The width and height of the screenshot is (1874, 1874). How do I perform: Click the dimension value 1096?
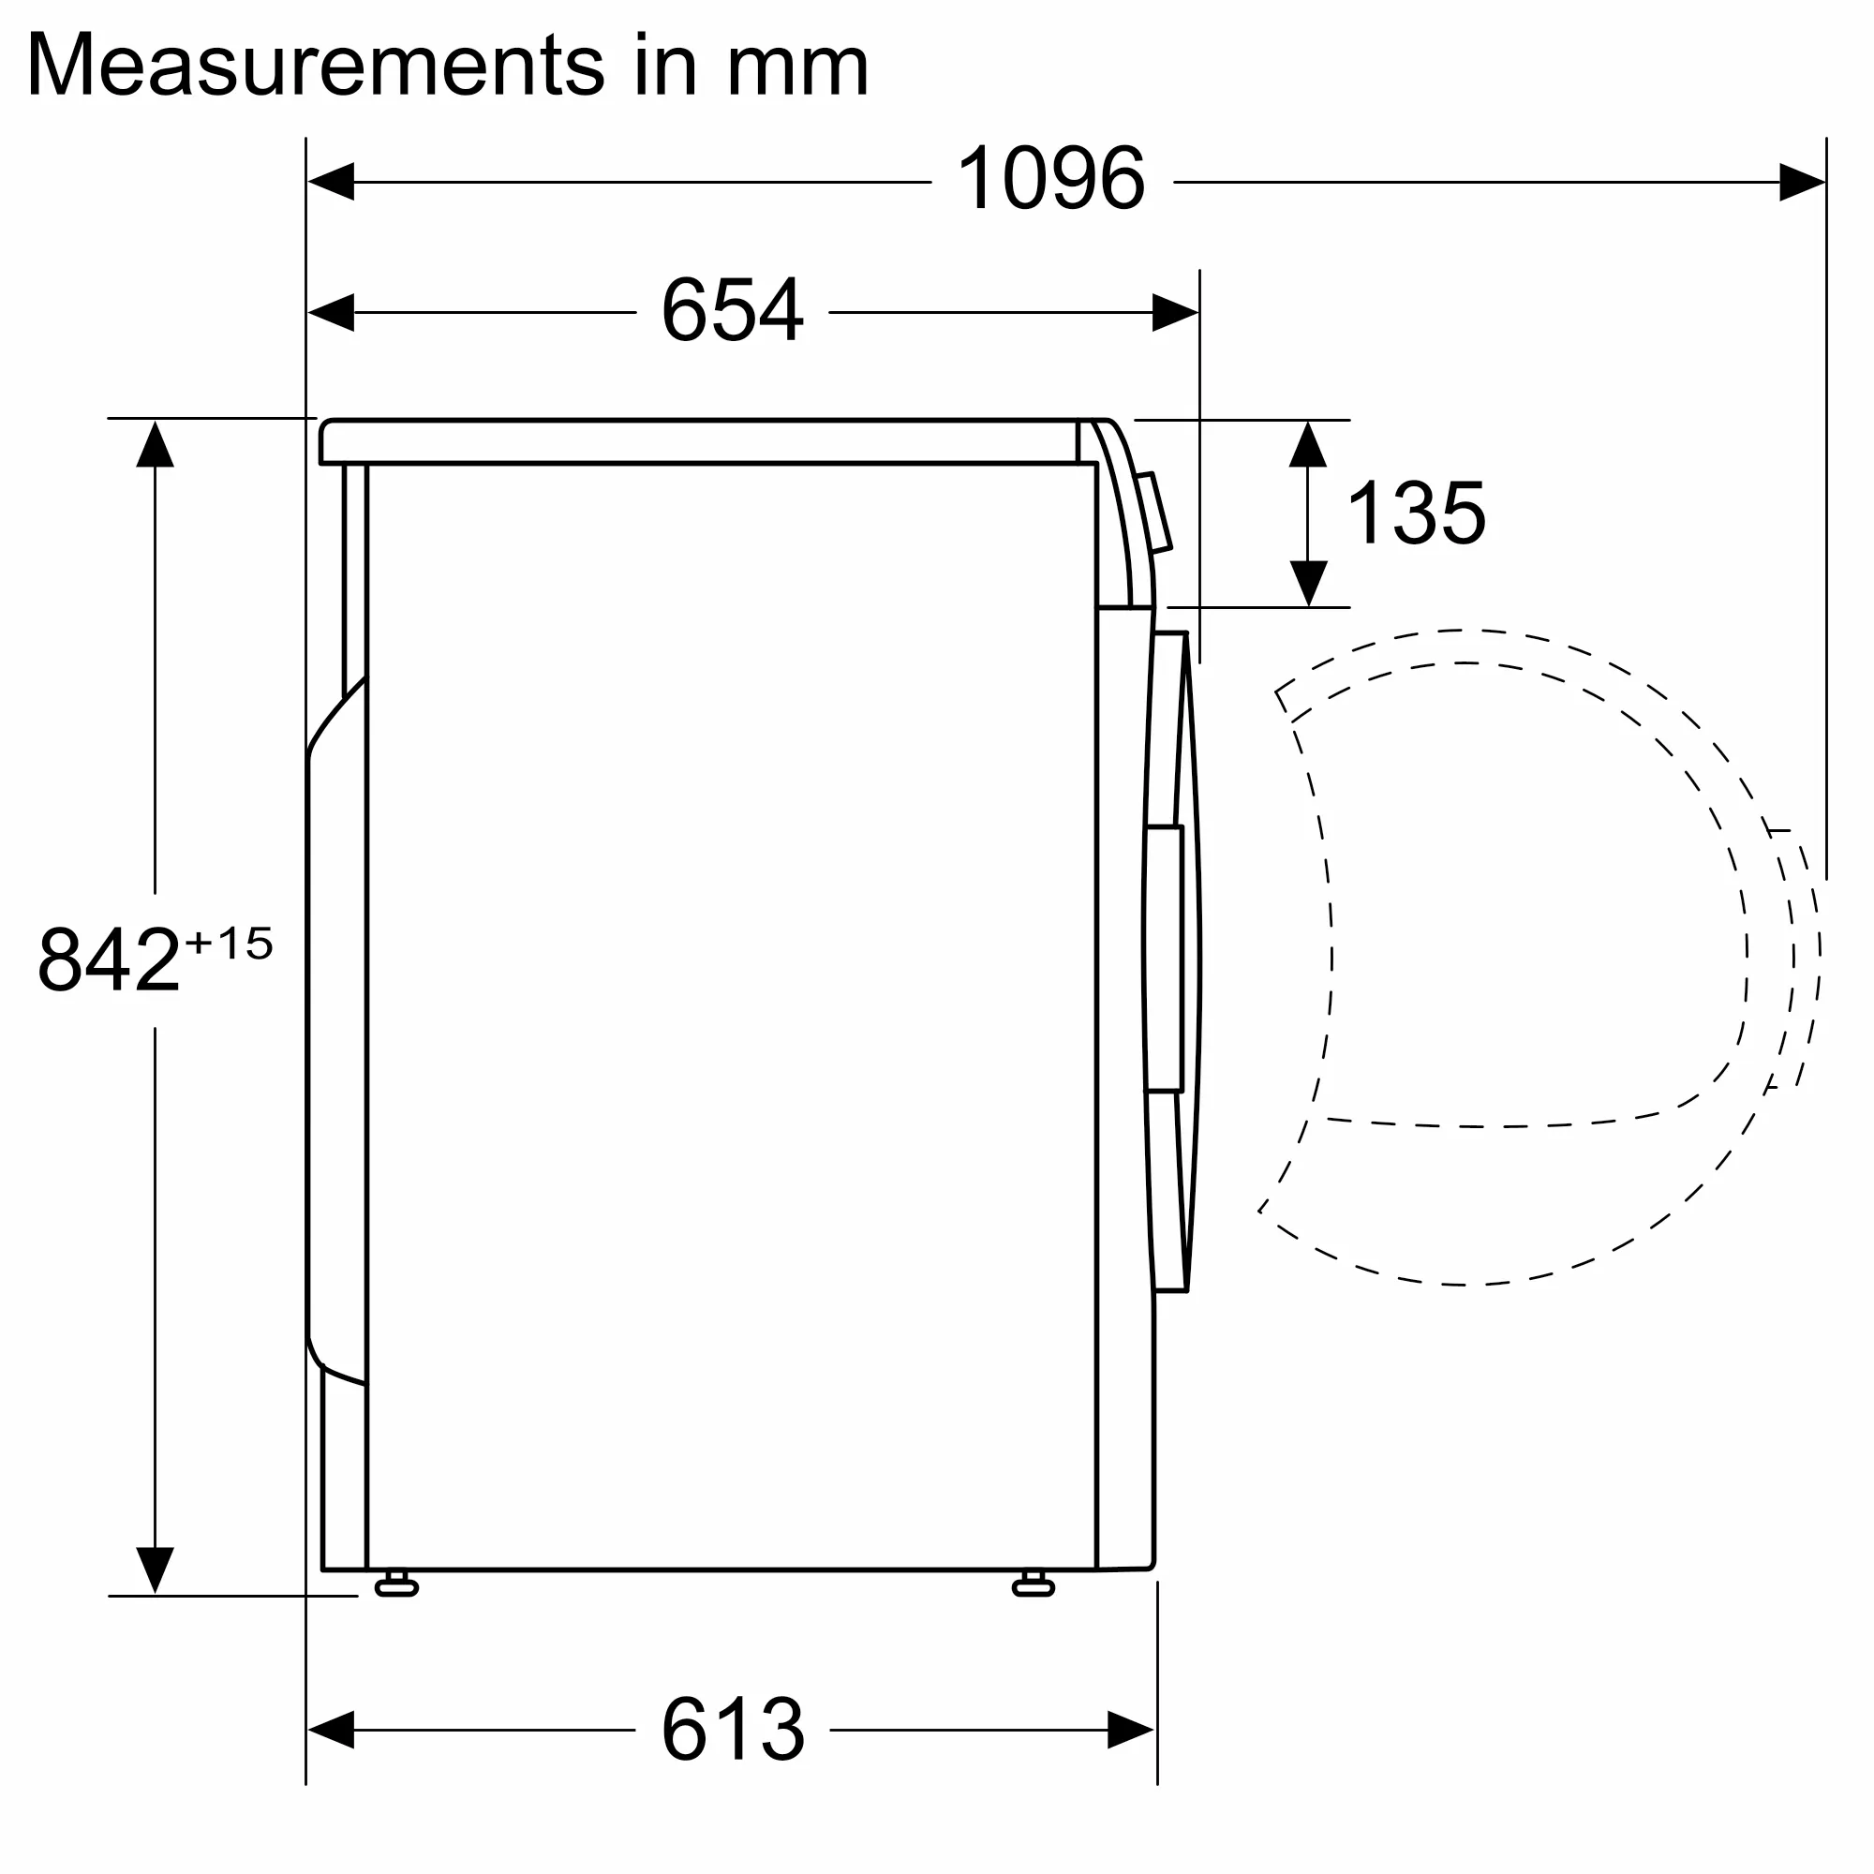click(x=1050, y=180)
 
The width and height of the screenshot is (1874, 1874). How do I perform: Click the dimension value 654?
click(x=733, y=310)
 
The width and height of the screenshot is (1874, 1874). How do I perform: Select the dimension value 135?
click(x=1416, y=513)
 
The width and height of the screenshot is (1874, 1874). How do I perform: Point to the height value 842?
click(x=109, y=960)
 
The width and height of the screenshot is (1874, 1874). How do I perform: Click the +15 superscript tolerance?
click(x=229, y=943)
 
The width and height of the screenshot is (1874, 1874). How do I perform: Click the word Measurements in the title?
click(x=315, y=66)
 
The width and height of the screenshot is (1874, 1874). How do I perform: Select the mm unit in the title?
click(x=797, y=66)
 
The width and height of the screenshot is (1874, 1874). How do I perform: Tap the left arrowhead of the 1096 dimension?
click(x=331, y=182)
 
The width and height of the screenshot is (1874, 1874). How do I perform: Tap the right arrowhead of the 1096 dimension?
click(x=1801, y=182)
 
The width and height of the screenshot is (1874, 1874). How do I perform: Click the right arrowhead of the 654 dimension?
click(x=1175, y=312)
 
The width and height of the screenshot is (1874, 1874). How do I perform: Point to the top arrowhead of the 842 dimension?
click(x=156, y=444)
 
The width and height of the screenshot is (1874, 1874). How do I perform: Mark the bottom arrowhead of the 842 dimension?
click(x=156, y=1569)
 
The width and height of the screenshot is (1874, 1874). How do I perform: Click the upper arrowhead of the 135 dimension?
click(x=1307, y=445)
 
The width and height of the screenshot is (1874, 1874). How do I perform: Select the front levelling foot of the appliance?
click(x=1033, y=1587)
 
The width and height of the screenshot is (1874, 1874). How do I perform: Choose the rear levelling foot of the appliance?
click(x=395, y=1587)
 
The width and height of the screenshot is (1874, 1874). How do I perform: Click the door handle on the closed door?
click(x=1164, y=959)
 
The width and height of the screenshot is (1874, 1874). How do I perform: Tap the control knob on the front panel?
click(x=1154, y=513)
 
